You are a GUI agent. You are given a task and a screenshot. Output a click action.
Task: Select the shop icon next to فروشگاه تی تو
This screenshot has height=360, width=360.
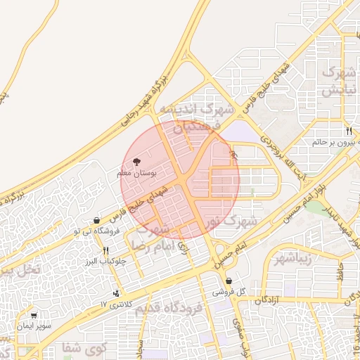[x=96, y=220]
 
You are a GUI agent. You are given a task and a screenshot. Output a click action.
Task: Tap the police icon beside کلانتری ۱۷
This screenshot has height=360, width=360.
[x=115, y=293]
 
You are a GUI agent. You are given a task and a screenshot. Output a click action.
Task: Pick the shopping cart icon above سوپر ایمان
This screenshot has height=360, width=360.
[x=34, y=316]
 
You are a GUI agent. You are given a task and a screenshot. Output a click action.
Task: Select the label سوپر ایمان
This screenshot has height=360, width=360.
[x=34, y=326]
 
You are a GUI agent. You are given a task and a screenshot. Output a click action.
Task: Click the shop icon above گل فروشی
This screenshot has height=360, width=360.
[x=229, y=281]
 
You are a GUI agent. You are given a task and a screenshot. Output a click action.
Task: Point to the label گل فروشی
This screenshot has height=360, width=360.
[x=229, y=291]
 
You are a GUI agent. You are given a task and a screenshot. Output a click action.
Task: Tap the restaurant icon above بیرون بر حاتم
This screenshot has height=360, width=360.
[x=348, y=131]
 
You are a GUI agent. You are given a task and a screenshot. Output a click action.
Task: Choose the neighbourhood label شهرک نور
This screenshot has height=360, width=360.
[x=233, y=221]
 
